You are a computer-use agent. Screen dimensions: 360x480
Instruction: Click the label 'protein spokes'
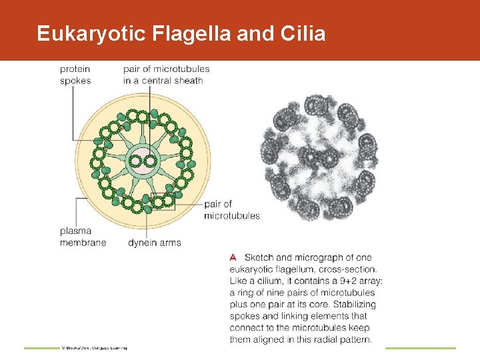(x=75, y=75)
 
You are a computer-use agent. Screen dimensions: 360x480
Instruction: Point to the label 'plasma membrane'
(x=83, y=237)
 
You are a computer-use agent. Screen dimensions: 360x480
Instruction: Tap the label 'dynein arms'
(x=155, y=243)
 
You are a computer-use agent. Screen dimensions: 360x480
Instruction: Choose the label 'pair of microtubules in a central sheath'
(x=166, y=75)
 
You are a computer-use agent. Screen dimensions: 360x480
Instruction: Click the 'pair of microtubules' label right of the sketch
(x=231, y=209)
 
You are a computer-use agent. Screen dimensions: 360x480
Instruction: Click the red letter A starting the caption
(x=233, y=257)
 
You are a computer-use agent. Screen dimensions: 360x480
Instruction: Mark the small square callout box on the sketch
(x=162, y=201)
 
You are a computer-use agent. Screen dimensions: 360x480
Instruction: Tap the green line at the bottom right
(x=421, y=348)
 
